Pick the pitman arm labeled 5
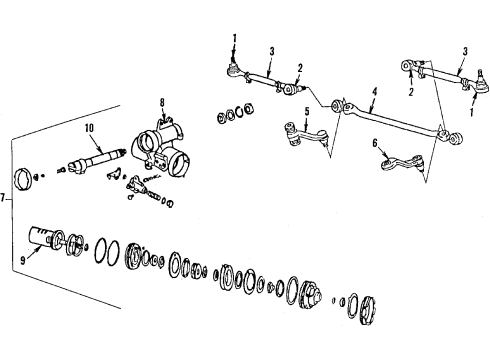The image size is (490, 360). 299,130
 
